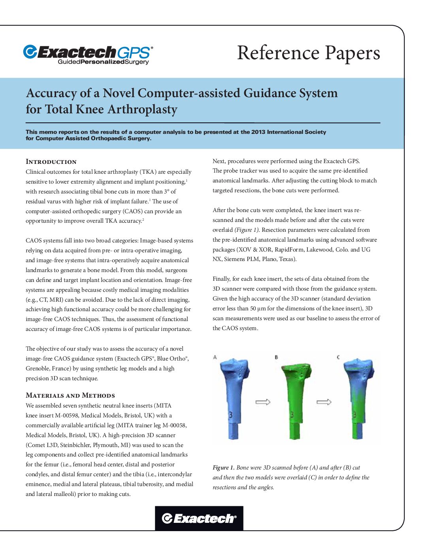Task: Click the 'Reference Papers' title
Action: [x=308, y=53]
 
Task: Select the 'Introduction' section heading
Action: [x=51, y=162]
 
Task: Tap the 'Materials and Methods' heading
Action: [x=70, y=395]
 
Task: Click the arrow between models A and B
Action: [x=263, y=402]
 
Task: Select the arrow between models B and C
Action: [x=324, y=402]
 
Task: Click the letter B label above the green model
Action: [x=276, y=357]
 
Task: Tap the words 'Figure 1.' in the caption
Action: [x=223, y=468]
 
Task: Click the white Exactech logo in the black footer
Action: [x=199, y=518]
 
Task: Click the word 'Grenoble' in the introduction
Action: [x=38, y=368]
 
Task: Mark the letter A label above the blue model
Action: [x=215, y=357]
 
